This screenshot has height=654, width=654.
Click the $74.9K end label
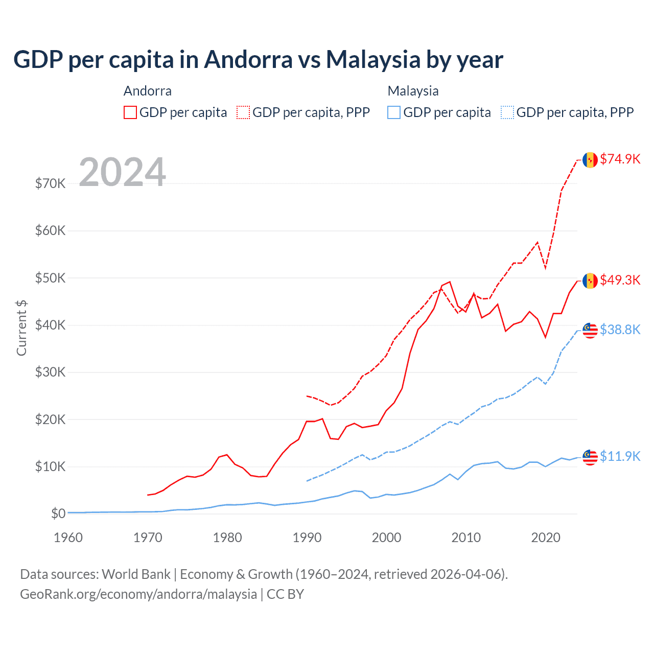point(620,159)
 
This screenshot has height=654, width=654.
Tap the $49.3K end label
point(620,280)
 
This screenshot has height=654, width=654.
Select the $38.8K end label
point(620,330)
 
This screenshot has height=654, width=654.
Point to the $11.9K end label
point(620,456)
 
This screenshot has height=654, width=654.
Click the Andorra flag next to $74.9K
point(590,160)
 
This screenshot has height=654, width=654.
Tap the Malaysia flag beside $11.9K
point(590,457)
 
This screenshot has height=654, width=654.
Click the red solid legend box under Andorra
point(130,112)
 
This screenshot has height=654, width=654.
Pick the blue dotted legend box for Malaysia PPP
point(507,112)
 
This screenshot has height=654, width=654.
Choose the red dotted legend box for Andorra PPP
point(243,112)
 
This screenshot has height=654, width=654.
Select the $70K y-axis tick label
point(50,183)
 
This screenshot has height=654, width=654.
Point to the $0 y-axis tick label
point(58,513)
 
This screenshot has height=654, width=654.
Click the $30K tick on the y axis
point(50,372)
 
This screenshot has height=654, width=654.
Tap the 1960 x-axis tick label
point(68,538)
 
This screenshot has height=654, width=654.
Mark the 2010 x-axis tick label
point(466,538)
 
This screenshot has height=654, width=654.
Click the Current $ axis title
point(21,328)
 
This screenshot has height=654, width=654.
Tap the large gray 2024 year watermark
point(122,172)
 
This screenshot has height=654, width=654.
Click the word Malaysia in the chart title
point(373,59)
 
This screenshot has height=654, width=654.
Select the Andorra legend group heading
point(148,91)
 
